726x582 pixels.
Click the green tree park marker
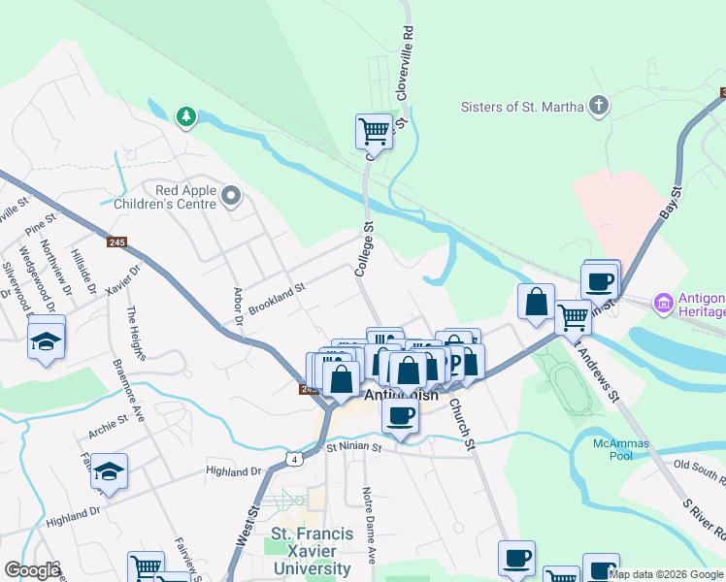point(185,117)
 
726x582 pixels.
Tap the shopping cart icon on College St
point(374,129)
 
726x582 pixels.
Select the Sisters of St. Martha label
point(522,107)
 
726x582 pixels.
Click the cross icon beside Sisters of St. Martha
point(599,106)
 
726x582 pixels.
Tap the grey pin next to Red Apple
point(231,198)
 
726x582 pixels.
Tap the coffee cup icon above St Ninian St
point(398,416)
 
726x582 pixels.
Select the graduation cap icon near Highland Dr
point(110,471)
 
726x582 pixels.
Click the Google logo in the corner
point(32,570)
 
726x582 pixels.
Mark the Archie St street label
point(108,422)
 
